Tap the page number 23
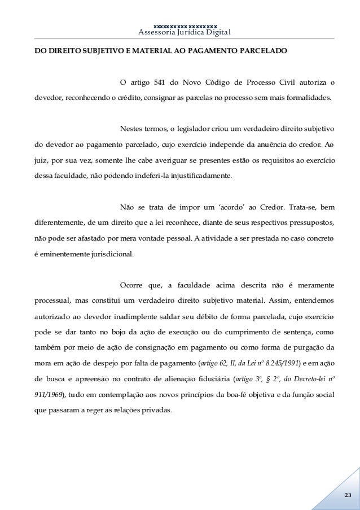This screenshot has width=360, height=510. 346,495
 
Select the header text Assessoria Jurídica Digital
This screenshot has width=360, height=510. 185,32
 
